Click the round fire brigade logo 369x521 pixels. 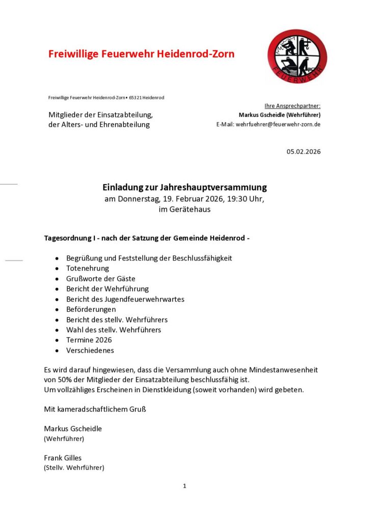297,56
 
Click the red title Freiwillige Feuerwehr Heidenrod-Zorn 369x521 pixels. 141,54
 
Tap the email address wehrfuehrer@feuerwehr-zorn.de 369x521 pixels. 278,124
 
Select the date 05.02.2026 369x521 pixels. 303,152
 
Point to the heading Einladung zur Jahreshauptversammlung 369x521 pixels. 184,187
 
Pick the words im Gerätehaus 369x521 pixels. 184,209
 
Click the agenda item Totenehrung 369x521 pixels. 87,268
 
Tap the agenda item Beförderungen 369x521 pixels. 91,309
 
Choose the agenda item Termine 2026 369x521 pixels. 89,340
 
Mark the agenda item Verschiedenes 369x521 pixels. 90,350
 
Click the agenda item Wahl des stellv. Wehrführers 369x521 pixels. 113,330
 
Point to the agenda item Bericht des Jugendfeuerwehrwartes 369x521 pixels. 125,299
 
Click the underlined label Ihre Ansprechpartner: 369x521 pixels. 292,106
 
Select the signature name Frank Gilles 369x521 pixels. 62,457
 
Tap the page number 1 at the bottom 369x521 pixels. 184,486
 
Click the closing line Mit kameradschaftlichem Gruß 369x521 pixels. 95,409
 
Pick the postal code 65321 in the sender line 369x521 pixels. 136,97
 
